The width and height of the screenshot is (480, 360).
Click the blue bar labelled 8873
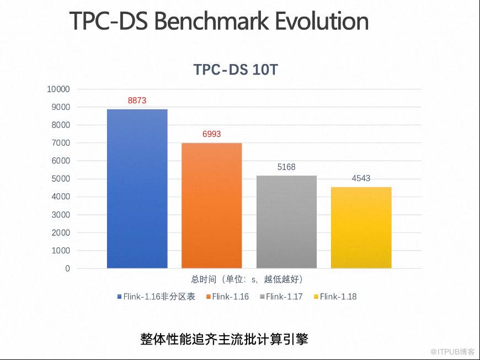137,189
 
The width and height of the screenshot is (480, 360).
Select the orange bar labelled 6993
212,205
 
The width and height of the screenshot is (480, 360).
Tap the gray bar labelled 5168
286,222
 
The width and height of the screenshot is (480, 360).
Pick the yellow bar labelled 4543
361,227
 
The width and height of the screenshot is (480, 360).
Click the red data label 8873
137,100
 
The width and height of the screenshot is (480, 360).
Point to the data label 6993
212,134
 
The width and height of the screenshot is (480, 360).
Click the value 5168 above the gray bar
286,167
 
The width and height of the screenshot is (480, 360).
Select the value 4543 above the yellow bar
361,178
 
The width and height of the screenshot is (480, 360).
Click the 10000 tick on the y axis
58,89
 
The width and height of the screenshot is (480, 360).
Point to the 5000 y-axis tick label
60,179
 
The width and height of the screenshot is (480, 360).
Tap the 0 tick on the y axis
67,268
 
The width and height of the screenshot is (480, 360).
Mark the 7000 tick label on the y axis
60,143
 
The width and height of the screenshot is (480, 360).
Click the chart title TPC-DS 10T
239,70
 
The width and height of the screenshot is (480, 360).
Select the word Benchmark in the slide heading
212,21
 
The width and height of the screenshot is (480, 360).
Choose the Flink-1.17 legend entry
284,297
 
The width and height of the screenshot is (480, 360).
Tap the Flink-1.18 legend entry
338,297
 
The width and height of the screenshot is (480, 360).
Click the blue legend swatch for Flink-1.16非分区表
119,297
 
